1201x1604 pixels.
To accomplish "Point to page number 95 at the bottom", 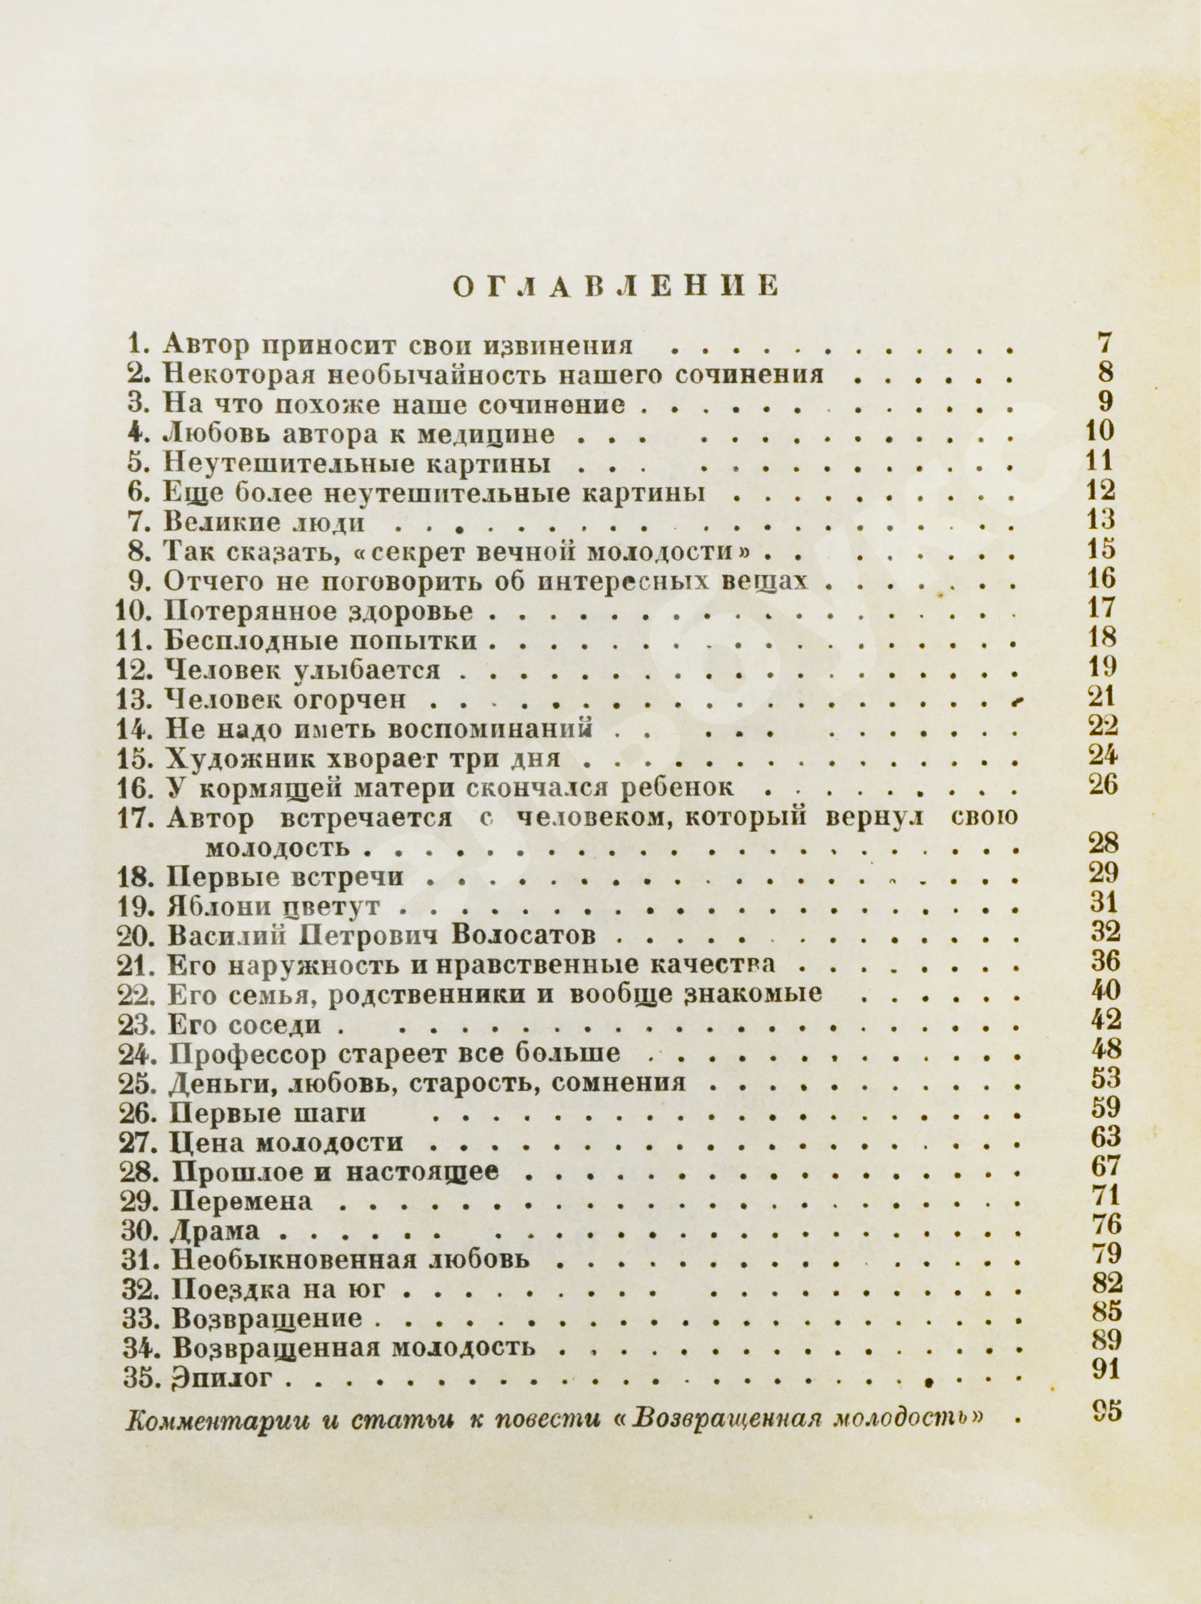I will click(1105, 1412).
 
